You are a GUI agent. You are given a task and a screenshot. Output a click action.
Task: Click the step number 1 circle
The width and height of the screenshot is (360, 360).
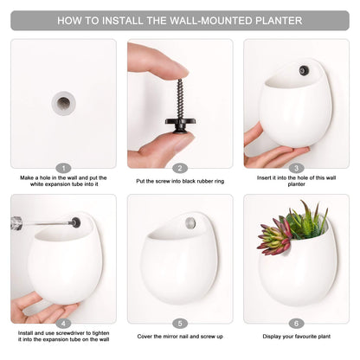tap(63, 168)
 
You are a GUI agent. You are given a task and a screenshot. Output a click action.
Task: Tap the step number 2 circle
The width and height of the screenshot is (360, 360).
tap(180, 168)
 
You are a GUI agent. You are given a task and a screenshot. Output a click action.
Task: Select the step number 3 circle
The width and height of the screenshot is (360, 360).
tap(297, 168)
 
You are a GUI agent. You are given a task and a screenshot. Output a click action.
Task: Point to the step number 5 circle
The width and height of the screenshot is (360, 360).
tap(180, 324)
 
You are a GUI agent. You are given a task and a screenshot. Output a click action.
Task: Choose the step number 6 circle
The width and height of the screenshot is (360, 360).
tap(297, 324)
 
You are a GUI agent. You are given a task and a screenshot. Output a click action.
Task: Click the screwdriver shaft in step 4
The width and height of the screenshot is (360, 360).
tap(43, 224)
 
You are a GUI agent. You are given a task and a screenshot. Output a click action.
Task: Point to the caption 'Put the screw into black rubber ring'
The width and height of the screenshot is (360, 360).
tap(180, 180)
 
